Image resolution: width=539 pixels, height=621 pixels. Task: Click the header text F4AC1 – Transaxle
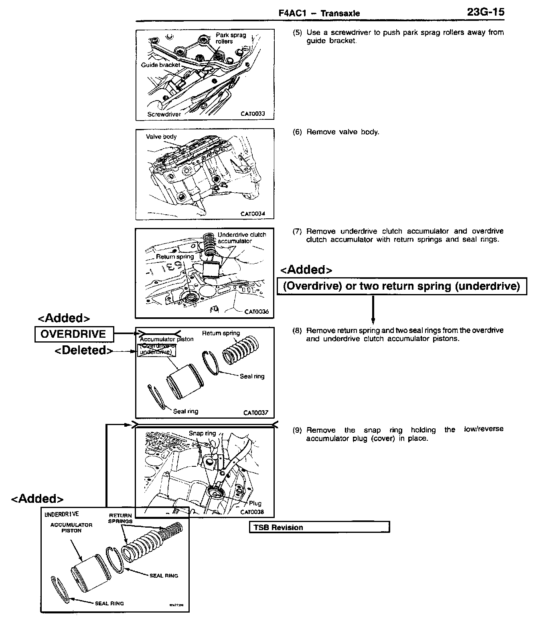pyautogui.click(x=319, y=13)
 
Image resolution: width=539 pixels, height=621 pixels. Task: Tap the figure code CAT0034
pyautogui.click(x=253, y=214)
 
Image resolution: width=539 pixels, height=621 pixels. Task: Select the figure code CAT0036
pyautogui.click(x=257, y=312)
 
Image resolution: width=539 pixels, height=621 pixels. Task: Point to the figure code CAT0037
pyautogui.click(x=255, y=413)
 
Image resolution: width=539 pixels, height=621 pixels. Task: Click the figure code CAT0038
pyautogui.click(x=252, y=512)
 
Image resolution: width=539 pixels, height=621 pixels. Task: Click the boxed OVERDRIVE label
pyautogui.click(x=73, y=334)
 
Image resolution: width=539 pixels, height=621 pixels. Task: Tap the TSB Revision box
pyautogui.click(x=319, y=527)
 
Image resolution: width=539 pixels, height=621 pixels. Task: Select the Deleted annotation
pyautogui.click(x=83, y=350)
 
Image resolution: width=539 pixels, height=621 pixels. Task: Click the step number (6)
pyautogui.click(x=297, y=132)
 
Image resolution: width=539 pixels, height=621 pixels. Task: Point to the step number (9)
pyautogui.click(x=297, y=430)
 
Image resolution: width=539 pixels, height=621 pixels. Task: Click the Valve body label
pyautogui.click(x=161, y=137)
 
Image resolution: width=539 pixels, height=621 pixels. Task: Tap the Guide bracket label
pyautogui.click(x=160, y=65)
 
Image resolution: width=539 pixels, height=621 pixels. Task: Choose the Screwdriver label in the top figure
pyautogui.click(x=164, y=114)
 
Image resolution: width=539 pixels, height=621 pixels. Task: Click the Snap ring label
pyautogui.click(x=202, y=433)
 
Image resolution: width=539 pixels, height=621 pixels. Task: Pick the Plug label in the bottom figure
pyautogui.click(x=255, y=504)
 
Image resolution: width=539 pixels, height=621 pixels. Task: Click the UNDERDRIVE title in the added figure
pyautogui.click(x=62, y=514)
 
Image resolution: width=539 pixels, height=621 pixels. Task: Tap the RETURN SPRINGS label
pyautogui.click(x=120, y=518)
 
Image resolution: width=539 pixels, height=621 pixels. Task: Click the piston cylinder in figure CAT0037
pyautogui.click(x=182, y=381)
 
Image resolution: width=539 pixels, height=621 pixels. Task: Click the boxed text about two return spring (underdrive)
pyautogui.click(x=401, y=286)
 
